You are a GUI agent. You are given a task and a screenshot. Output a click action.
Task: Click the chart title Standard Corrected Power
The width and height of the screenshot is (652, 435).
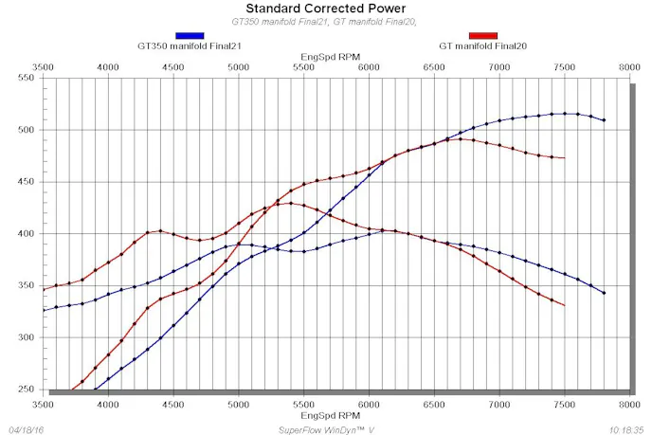[327, 9]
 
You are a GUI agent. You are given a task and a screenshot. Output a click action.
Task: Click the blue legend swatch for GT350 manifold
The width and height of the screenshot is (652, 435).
[190, 34]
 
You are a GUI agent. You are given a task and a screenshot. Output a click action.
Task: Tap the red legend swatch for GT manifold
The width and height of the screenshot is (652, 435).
[482, 34]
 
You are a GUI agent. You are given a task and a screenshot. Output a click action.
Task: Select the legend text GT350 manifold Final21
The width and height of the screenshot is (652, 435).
[190, 45]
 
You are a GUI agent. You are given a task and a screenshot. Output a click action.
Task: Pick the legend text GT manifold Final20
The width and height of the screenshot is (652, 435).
[482, 45]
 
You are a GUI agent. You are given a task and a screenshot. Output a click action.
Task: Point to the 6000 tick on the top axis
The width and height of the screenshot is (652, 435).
[369, 67]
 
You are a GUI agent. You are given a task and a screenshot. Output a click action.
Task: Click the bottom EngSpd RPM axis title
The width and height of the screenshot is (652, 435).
[327, 415]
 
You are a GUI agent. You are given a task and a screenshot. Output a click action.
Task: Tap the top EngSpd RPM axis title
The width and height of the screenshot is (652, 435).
[327, 56]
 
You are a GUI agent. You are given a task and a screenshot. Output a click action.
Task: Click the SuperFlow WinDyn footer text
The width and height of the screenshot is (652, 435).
[327, 428]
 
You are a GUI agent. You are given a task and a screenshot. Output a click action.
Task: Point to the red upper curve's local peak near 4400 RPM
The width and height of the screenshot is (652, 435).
[161, 230]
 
